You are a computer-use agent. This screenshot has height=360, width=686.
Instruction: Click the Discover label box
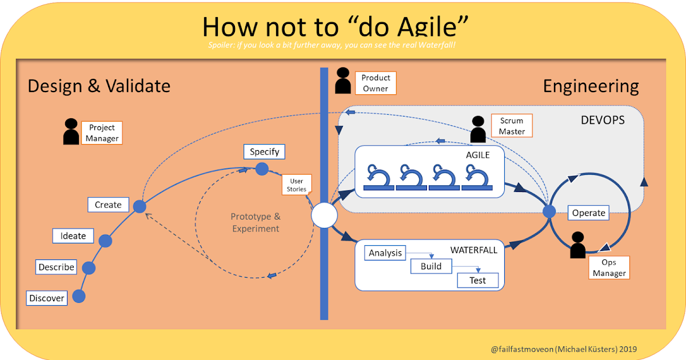pyautogui.click(x=47, y=298)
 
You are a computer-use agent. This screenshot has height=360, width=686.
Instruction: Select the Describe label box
pyautogui.click(x=57, y=267)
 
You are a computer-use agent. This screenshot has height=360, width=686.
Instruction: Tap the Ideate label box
pyautogui.click(x=73, y=235)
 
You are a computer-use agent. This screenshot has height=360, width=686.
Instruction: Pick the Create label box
pyautogui.click(x=108, y=205)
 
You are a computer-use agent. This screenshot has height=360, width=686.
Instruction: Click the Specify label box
pyautogui.click(x=265, y=151)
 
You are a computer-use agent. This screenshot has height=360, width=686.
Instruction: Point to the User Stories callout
pyautogui.click(x=297, y=185)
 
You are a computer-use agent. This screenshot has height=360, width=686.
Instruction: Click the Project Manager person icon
pyautogui.click(x=71, y=131)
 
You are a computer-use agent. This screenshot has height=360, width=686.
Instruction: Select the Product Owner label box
pyautogui.click(x=376, y=83)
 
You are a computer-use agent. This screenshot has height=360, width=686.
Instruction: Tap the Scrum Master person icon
pyautogui.click(x=478, y=130)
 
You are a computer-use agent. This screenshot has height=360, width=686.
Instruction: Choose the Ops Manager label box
pyautogui.click(x=609, y=268)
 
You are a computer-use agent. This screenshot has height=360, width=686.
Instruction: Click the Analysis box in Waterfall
pyautogui.click(x=385, y=253)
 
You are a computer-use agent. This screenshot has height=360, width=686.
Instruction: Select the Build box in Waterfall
pyautogui.click(x=431, y=266)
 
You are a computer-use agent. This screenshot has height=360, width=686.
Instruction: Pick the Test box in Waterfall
pyautogui.click(x=477, y=280)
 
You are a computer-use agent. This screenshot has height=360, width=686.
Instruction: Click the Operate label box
pyautogui.click(x=588, y=213)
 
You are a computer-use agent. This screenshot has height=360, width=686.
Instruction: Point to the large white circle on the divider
pyautogui.click(x=324, y=217)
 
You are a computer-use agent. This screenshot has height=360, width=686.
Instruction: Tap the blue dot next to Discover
pyautogui.click(x=79, y=296)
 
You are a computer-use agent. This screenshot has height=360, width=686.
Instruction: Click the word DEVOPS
pyautogui.click(x=603, y=120)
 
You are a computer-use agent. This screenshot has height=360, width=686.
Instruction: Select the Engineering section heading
pyautogui.click(x=591, y=86)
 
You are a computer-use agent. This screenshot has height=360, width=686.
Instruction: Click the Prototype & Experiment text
pyautogui.click(x=255, y=222)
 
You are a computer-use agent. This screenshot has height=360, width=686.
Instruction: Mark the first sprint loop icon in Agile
pyautogui.click(x=378, y=177)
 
